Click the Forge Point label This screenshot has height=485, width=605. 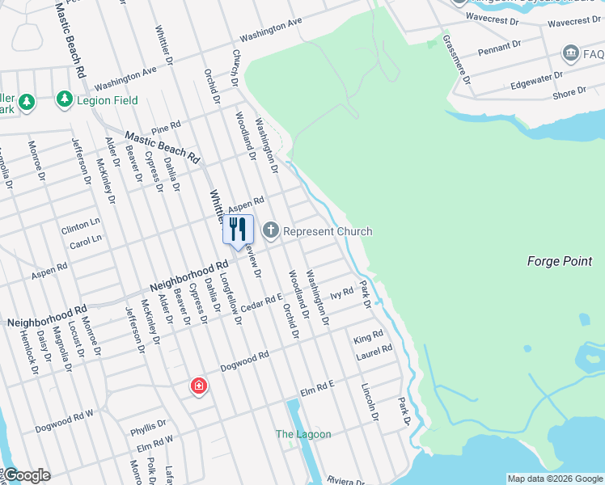click(x=560, y=261)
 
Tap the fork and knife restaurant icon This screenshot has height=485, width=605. click(x=238, y=229)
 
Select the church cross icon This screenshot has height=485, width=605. click(x=270, y=231)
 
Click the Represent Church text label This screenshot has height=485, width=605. click(x=328, y=231)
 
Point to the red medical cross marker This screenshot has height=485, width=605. click(x=198, y=386)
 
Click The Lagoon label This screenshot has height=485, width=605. click(x=303, y=434)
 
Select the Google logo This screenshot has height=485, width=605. click(x=27, y=475)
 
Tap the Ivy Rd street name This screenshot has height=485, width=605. click(x=342, y=293)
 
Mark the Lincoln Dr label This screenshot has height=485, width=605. click(x=370, y=402)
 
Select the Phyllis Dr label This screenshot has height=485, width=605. click(x=148, y=424)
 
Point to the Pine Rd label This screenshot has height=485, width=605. click(x=165, y=128)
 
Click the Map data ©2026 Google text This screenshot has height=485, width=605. click(x=554, y=479)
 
